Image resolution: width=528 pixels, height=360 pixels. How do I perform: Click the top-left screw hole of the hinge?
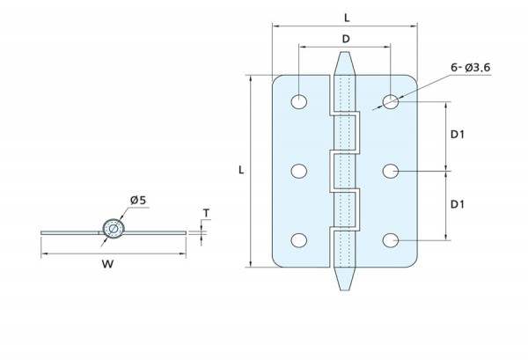pos(299,101)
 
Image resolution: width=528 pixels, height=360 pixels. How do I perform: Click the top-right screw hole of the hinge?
pos(391,101)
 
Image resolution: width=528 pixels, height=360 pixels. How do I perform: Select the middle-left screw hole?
pos(299,171)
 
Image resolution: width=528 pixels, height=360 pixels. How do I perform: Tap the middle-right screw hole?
pos(391,171)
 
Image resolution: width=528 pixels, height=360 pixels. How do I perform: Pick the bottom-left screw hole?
pos(299,240)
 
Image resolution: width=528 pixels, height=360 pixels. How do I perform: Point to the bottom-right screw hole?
pos(391,240)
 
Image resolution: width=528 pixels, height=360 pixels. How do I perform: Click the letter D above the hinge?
pos(345,39)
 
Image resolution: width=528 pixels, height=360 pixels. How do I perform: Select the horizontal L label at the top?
pos(344,17)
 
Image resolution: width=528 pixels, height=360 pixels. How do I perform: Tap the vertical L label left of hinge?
pos(241,169)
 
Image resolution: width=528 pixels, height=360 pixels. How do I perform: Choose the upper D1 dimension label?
pos(458,135)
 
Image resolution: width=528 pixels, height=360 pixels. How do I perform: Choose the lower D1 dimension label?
pos(458,204)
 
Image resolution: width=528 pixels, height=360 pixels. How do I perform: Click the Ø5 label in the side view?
pos(138,202)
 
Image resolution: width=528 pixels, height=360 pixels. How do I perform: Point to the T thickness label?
pos(205,212)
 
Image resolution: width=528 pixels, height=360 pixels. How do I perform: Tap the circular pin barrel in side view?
pos(112,231)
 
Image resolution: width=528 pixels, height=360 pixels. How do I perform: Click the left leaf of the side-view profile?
pos(70,231)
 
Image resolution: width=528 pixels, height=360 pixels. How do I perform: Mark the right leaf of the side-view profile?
pos(154,231)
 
